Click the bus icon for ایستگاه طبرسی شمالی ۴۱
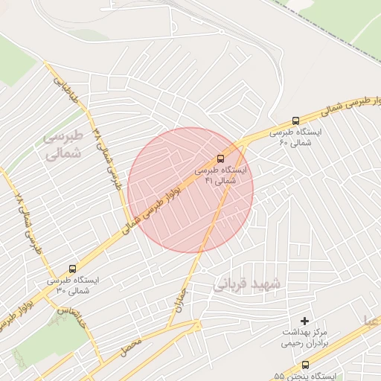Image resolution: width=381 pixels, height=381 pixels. (220, 159)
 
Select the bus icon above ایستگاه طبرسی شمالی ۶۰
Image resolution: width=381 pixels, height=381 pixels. (296, 121)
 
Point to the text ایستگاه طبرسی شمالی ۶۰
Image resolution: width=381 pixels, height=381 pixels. (298, 137)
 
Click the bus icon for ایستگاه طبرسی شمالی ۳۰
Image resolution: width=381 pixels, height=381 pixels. (72, 269)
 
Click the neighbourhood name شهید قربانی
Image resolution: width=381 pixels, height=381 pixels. (246, 284)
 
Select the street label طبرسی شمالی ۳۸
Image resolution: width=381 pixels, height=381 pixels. (107, 157)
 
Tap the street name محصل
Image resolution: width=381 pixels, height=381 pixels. (130, 345)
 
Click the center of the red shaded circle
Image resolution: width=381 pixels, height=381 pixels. (190, 190)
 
